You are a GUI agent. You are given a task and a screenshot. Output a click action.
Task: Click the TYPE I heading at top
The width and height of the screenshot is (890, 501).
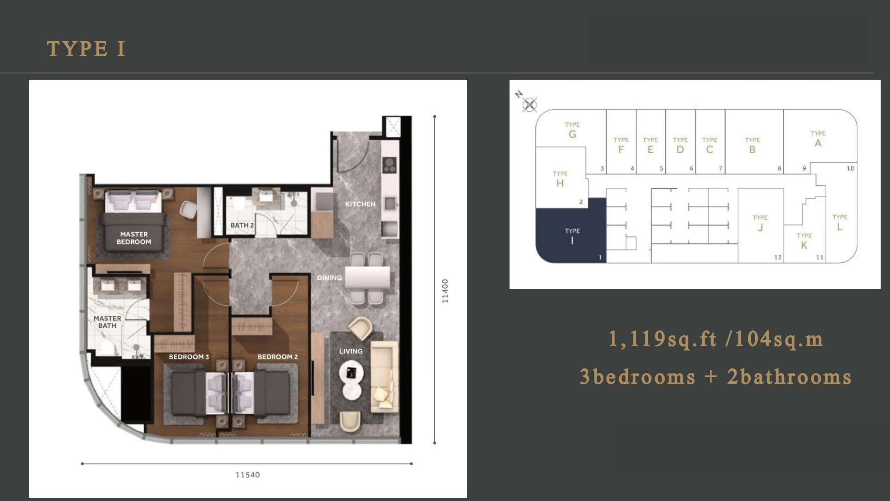click(86, 49)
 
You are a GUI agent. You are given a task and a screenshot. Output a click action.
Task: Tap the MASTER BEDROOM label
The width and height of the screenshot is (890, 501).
click(134, 238)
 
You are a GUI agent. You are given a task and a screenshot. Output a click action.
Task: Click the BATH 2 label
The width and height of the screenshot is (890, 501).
click(242, 225)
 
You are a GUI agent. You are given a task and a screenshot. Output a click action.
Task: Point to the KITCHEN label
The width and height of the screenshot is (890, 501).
click(360, 204)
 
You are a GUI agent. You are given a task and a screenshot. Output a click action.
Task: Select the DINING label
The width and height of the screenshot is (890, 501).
click(329, 277)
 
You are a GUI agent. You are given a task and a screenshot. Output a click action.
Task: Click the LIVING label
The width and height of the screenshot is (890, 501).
click(351, 351)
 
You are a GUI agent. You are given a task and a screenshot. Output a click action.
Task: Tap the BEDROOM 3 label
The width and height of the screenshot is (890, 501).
click(189, 357)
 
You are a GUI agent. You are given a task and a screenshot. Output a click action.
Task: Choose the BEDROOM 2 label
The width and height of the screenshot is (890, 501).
click(278, 357)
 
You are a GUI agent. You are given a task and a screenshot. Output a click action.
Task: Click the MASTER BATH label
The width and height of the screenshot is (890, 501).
click(107, 322)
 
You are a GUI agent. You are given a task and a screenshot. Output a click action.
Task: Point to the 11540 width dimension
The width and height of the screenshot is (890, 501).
click(247, 475)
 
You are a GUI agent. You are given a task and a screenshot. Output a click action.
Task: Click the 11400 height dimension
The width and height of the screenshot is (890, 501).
click(445, 291)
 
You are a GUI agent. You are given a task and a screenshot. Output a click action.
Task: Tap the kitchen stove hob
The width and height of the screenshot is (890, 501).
click(389, 165)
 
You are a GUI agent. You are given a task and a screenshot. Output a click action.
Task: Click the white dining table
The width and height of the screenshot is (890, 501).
click(368, 277)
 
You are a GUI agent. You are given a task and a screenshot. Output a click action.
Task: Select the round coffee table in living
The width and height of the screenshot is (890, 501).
click(351, 373)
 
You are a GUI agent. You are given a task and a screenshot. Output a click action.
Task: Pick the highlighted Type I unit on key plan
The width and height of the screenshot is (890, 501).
click(571, 230)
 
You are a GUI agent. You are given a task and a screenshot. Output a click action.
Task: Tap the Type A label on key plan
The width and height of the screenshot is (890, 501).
click(818, 139)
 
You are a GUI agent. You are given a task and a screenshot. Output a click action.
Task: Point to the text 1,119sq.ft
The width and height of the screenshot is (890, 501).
click(663, 339)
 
